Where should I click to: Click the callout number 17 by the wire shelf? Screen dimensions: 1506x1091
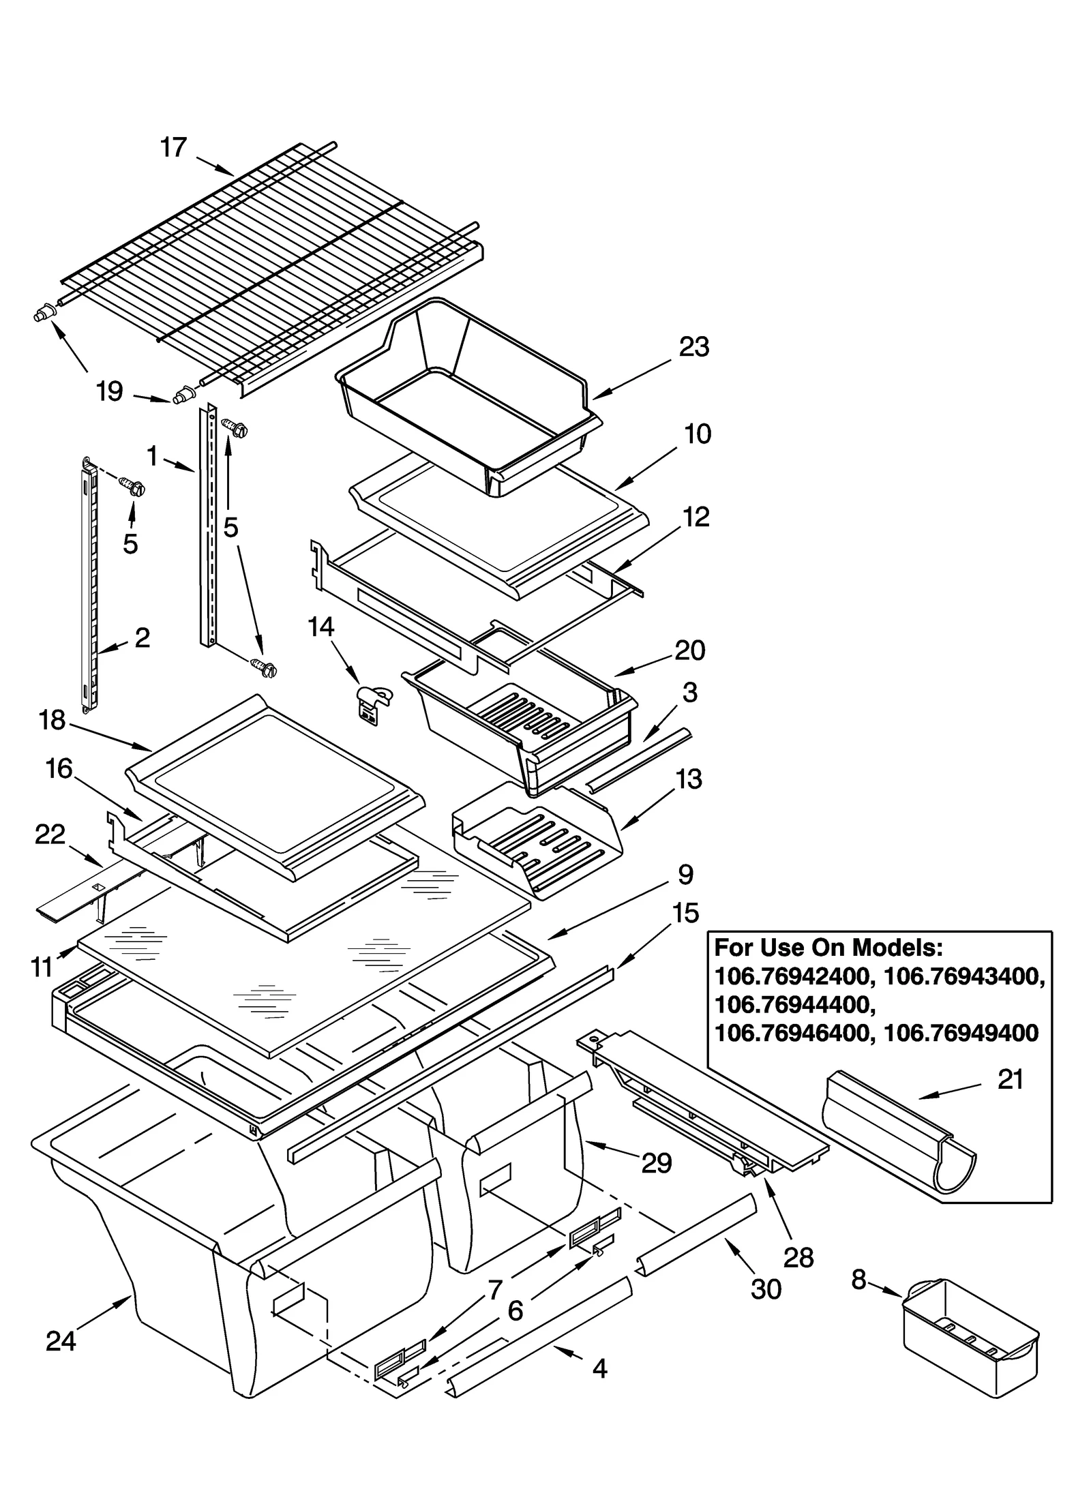tap(173, 147)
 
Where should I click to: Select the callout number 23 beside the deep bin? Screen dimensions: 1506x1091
tap(694, 347)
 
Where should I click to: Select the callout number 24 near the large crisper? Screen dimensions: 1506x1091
tap(61, 1341)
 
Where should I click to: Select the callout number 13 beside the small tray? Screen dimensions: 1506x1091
tap(688, 779)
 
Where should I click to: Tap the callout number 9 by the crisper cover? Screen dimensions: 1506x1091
tap(685, 875)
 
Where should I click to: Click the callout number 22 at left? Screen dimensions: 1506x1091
tap(50, 834)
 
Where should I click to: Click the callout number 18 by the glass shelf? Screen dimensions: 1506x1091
tap(52, 721)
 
